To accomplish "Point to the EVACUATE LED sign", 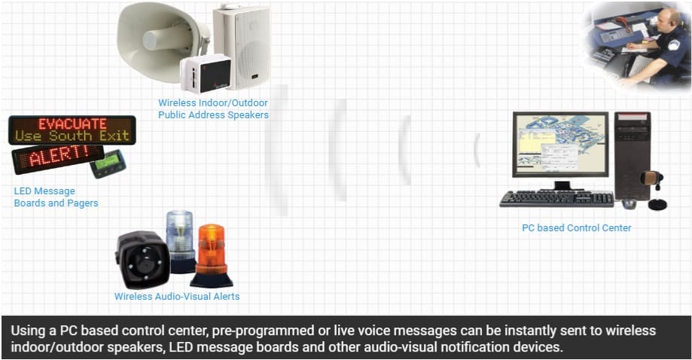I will tap(72, 124).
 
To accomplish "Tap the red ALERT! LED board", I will tap(57, 157).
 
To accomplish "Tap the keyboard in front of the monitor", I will tap(556, 199).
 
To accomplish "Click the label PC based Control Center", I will tap(576, 227).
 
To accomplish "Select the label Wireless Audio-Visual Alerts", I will tap(177, 297).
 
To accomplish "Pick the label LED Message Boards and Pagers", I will tap(56, 197).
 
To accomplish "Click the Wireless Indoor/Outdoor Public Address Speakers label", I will tap(213, 109).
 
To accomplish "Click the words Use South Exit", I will tap(72, 136).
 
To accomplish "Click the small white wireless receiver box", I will tap(206, 74).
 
